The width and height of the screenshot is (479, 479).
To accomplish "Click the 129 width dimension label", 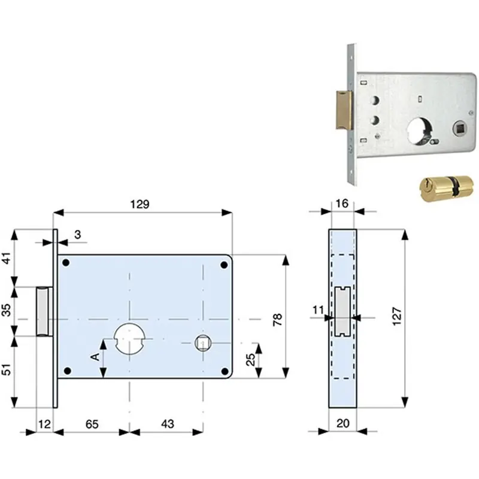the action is point(140,204).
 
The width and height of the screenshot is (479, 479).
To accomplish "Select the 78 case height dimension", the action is point(278,320).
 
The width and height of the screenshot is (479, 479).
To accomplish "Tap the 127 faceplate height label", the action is point(396,317).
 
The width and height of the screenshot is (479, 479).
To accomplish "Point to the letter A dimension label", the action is point(96,356).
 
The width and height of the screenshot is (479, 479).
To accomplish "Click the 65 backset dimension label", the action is point(92,424).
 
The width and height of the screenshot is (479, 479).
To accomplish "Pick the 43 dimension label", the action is point(168,424).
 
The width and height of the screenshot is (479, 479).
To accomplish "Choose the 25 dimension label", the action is point(250,360).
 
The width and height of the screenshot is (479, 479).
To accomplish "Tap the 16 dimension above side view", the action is point(342,204).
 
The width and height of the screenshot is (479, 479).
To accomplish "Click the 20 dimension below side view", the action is point(342,423).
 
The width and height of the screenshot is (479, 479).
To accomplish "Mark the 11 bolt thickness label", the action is point(318,310).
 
